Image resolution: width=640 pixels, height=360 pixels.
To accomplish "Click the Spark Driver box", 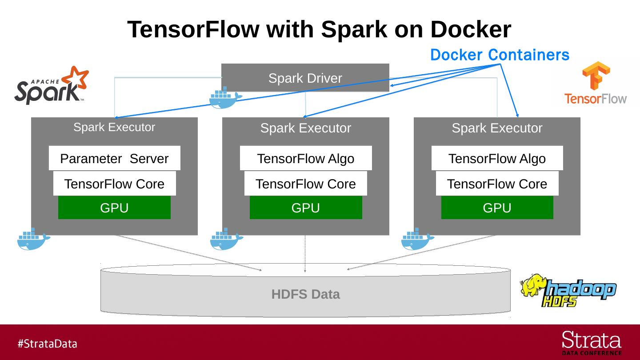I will coord(305,78).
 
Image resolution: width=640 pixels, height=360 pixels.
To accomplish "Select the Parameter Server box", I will coord(114,158).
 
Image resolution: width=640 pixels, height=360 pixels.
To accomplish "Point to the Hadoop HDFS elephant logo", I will coord(568,291).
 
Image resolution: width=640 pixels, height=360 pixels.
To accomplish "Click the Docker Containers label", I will coord(500,55).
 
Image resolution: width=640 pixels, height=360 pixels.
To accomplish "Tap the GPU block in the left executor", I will coord(114,208).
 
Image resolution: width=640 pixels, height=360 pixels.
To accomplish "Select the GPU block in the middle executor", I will coord(306,208).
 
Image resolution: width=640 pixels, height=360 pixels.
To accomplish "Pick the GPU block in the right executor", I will coord(497,208).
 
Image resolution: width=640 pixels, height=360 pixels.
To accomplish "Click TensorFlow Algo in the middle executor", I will coord(306,158).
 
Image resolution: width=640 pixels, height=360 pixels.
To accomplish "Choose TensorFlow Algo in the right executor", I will coord(497,158).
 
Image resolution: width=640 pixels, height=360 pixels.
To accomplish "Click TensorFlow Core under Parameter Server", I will coord(114,184).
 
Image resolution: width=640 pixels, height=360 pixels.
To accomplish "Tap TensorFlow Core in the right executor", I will coord(497,184).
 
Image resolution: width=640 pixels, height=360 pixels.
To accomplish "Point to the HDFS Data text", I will coord(305,294).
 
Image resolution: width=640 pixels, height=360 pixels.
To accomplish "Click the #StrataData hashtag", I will coord(47,344).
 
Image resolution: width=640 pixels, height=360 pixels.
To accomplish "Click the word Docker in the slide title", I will coord(470,29).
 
